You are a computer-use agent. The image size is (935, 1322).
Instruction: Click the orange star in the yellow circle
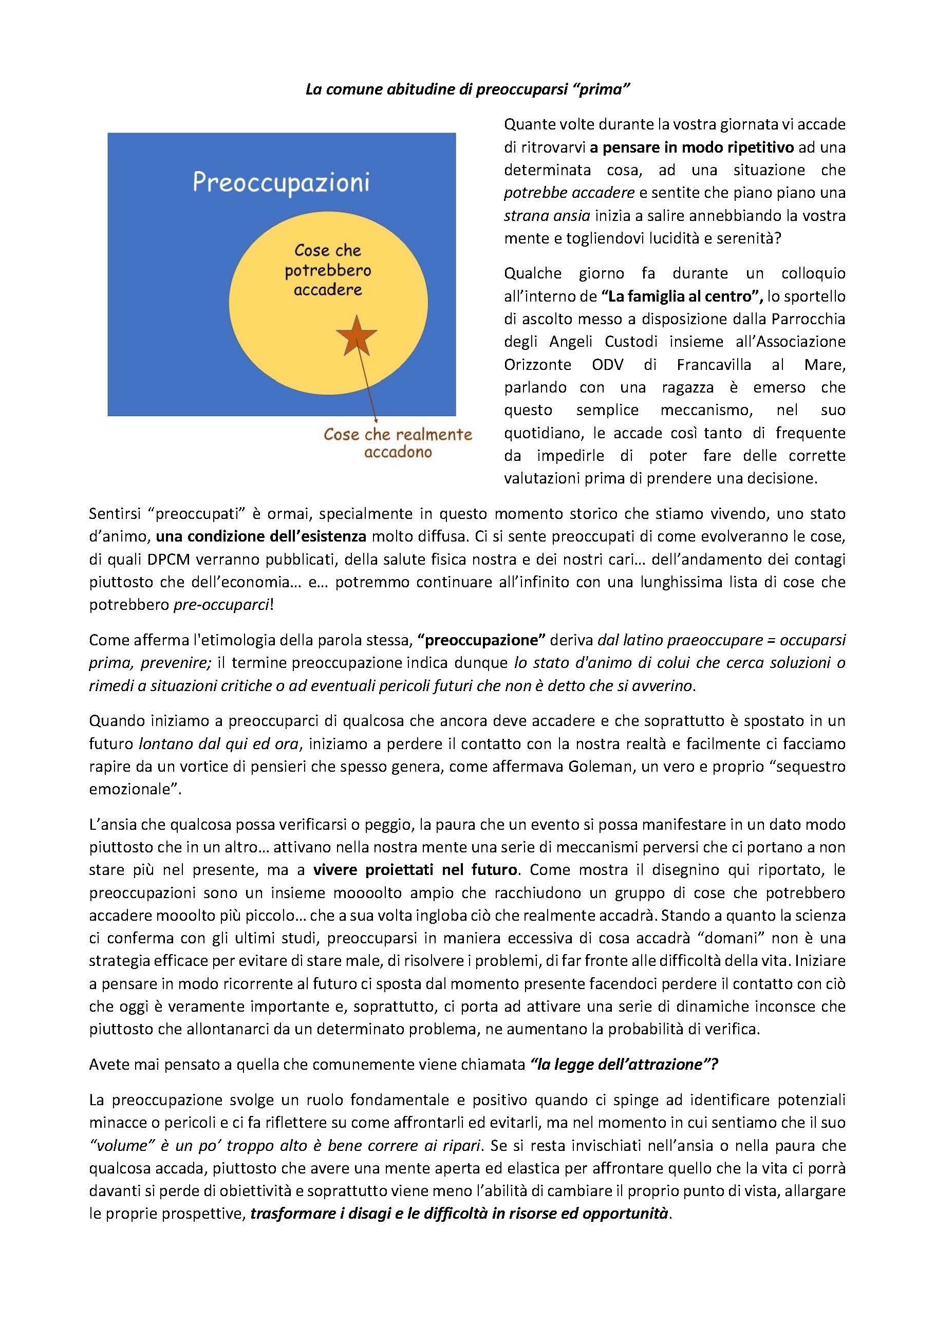pyautogui.click(x=357, y=336)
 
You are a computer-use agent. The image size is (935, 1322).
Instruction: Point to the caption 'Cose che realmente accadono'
pyautogui.click(x=398, y=443)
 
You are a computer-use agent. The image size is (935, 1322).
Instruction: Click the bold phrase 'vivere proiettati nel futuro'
pyautogui.click(x=415, y=869)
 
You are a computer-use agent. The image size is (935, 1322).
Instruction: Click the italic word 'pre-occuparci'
pyautogui.click(x=221, y=605)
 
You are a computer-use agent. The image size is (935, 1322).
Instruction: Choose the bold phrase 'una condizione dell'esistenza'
pyautogui.click(x=261, y=536)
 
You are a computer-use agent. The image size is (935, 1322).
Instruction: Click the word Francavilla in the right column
pyautogui.click(x=714, y=364)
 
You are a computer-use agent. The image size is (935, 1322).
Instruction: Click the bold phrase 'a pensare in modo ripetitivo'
pyautogui.click(x=691, y=147)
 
